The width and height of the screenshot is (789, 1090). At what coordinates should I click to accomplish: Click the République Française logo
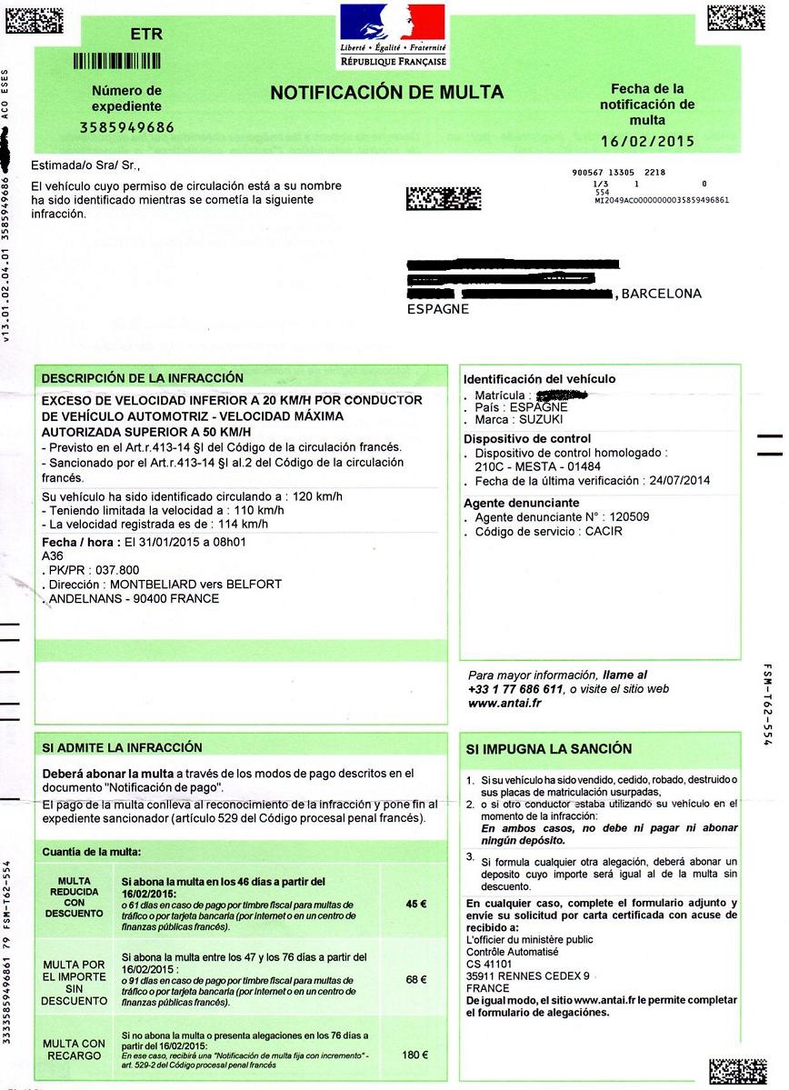coord(393,35)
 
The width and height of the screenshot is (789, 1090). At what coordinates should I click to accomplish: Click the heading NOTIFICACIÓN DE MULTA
coord(386,92)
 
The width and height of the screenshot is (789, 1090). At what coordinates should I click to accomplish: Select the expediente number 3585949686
coord(126,127)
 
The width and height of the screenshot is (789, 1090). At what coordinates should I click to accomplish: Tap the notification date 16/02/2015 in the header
coord(647,141)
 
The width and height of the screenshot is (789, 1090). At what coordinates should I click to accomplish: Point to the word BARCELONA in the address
coord(661,294)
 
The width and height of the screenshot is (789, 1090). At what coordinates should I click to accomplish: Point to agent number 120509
coord(630,517)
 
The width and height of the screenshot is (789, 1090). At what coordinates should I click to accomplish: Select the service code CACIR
coord(604,531)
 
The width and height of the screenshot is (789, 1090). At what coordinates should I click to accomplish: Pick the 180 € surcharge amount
coord(414,1055)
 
